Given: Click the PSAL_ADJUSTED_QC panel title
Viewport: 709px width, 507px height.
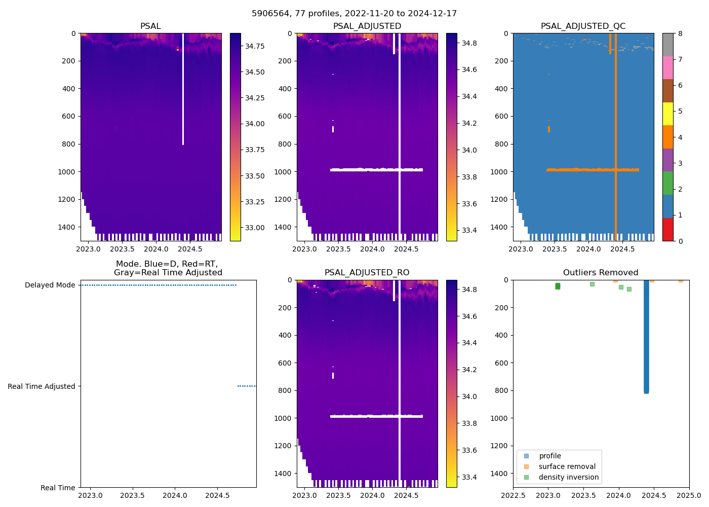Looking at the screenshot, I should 583,26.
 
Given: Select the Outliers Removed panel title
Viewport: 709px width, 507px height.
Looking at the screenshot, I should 601,273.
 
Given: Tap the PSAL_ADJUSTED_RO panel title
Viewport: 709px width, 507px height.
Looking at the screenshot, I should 367,273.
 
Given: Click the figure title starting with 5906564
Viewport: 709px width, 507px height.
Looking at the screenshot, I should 354,13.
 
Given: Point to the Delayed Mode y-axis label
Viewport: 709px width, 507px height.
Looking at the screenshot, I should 50,285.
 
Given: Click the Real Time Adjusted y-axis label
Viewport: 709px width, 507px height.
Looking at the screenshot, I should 42,386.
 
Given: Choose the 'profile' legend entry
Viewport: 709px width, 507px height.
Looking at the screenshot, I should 549,456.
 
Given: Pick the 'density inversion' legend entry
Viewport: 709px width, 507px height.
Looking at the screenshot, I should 568,477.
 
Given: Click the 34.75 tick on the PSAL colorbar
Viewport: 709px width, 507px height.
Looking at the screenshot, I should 255,46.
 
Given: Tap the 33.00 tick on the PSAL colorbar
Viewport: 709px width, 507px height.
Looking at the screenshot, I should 255,228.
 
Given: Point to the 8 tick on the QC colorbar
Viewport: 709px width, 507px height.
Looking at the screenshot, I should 680,33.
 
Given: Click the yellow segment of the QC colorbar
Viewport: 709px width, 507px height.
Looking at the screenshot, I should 668,114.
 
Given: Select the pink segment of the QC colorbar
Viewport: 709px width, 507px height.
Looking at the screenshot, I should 668,67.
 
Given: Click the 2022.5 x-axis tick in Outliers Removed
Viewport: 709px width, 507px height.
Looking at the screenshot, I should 513,495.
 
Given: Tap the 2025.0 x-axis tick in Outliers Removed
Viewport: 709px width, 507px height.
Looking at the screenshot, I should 689,495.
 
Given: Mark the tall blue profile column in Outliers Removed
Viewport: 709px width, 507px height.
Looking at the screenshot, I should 646,335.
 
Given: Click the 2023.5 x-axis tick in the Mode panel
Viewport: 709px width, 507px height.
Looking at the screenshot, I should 133,495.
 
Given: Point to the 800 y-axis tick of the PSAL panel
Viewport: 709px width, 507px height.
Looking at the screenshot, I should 68,144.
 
